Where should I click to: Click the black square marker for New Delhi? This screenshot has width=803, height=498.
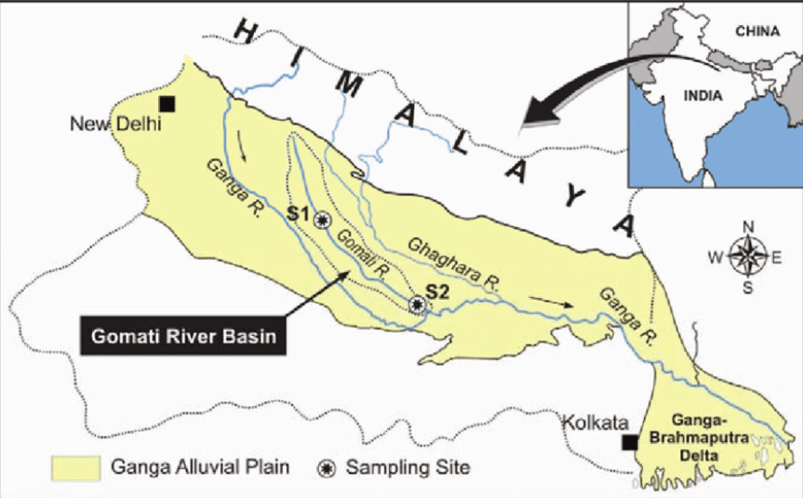click(167, 103)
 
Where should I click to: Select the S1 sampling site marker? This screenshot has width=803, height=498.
click(322, 220)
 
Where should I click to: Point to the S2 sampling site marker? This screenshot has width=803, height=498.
click(418, 303)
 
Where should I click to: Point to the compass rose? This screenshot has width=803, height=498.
click(748, 255)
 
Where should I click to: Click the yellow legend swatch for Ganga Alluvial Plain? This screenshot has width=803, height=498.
click(74, 467)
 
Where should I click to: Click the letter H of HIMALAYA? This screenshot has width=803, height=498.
click(248, 34)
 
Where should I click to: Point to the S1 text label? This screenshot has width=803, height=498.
click(298, 214)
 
